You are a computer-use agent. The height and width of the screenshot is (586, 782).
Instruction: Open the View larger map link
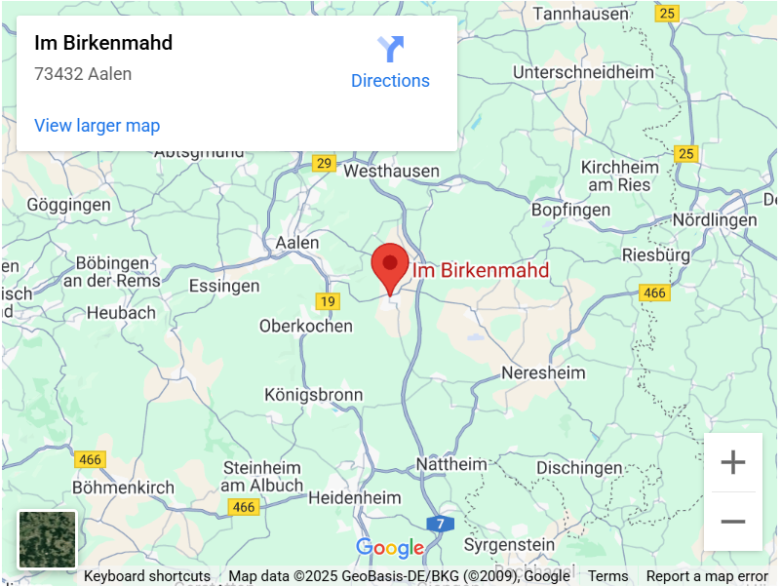(x=97, y=126)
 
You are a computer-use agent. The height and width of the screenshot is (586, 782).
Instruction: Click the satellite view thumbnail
(x=47, y=539)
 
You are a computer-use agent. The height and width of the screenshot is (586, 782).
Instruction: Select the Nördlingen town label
(x=714, y=220)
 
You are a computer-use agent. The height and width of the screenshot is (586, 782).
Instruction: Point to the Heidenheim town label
(x=354, y=497)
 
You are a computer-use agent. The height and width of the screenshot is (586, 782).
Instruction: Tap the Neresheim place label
(x=543, y=372)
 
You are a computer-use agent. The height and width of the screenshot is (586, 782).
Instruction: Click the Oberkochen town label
(x=306, y=326)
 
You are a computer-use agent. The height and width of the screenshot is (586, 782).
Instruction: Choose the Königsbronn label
(x=314, y=395)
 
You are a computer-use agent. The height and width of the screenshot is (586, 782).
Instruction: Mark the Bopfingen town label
(x=570, y=210)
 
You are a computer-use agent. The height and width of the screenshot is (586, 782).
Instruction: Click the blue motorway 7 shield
(x=441, y=524)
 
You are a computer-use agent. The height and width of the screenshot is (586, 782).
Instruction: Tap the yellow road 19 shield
(x=328, y=301)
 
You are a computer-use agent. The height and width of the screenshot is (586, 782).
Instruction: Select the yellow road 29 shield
(x=324, y=163)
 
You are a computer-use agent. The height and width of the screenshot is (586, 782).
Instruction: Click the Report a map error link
(x=707, y=576)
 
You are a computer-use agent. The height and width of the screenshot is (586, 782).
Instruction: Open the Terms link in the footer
(x=607, y=576)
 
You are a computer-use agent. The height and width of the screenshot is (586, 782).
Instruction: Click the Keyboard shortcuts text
(x=147, y=576)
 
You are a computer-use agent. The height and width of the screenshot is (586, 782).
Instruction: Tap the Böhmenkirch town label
(x=124, y=487)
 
